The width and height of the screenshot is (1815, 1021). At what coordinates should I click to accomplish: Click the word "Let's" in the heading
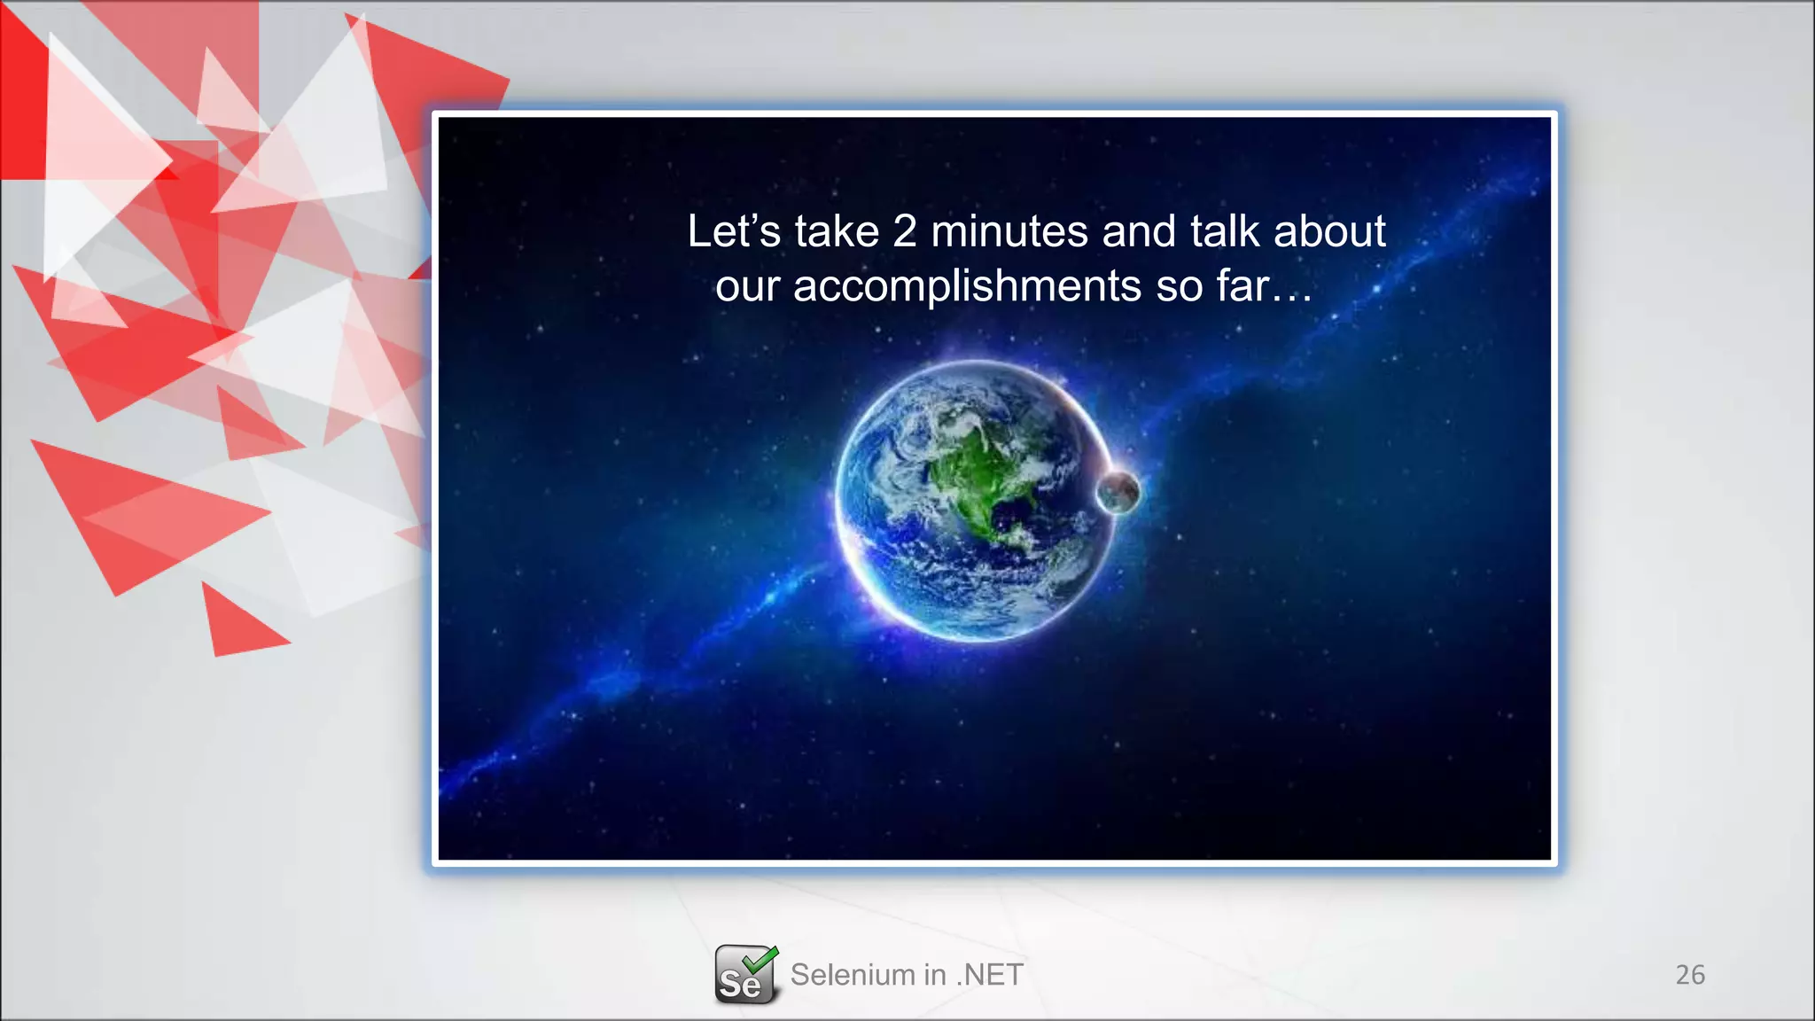(x=734, y=232)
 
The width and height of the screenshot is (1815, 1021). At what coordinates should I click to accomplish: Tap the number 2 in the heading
(x=904, y=232)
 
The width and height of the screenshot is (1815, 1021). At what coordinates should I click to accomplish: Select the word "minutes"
(x=1009, y=232)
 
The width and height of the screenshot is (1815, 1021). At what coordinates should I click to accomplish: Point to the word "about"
(x=1329, y=232)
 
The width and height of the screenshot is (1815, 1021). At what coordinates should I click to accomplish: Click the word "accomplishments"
(x=967, y=287)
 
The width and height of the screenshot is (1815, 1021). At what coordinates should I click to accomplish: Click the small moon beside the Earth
(x=1118, y=492)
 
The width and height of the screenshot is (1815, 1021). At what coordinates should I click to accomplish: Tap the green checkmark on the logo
(x=760, y=958)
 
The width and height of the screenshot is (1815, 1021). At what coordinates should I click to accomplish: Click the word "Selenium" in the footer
(x=852, y=975)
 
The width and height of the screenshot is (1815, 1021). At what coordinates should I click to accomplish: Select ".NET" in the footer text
(x=990, y=975)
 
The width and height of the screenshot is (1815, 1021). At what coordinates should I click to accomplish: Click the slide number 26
(x=1689, y=975)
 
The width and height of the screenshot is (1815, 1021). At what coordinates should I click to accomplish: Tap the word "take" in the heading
(x=837, y=232)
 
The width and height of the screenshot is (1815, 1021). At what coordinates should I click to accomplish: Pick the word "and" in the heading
(x=1138, y=232)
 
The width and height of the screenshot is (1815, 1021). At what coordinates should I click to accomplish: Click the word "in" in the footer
(x=934, y=975)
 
